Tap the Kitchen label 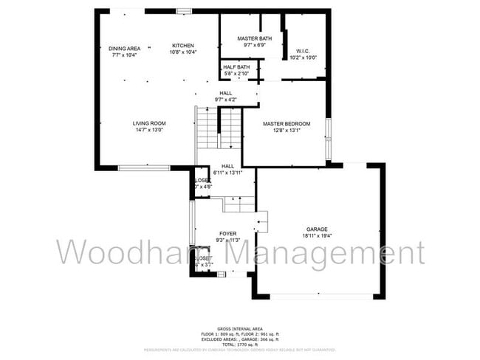(183, 45)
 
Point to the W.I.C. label (302, 51)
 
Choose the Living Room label (149, 123)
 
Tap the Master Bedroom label (287, 123)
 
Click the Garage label (318, 229)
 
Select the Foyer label (227, 233)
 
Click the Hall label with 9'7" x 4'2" (225, 93)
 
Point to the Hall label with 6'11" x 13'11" (228, 167)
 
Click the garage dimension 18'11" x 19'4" (318, 236)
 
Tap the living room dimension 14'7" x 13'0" (149, 130)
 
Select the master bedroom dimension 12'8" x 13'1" (287, 131)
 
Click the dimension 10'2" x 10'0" (302, 58)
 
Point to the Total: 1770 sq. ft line (239, 345)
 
